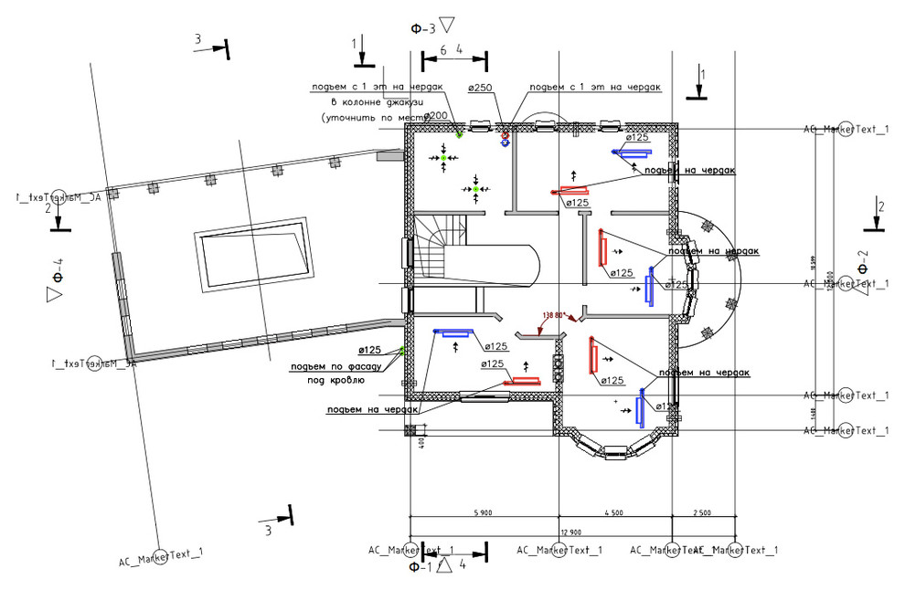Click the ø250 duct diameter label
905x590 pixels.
[481, 88]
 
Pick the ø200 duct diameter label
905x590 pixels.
[434, 116]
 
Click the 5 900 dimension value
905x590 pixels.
[484, 514]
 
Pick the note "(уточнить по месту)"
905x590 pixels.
[361, 119]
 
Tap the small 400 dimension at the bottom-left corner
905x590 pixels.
[423, 444]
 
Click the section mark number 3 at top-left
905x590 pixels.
[197, 38]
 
